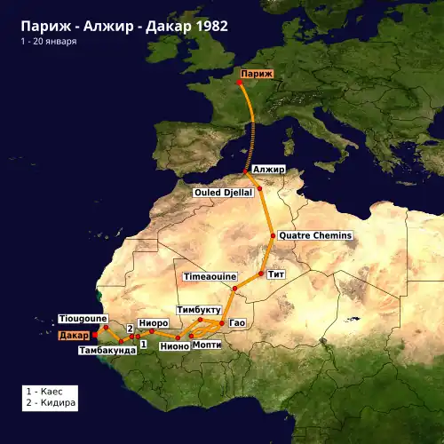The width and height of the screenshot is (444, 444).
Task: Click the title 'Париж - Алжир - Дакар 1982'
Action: (124, 26)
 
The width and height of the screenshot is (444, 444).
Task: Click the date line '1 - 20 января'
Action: (51, 42)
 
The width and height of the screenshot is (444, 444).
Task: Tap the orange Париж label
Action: (256, 74)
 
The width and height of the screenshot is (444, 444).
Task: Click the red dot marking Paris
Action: (240, 83)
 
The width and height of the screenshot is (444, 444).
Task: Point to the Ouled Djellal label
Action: (224, 192)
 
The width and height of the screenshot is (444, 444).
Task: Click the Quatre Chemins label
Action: (315, 235)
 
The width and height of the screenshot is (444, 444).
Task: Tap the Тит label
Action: (275, 274)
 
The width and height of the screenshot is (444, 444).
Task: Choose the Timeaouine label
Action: (210, 277)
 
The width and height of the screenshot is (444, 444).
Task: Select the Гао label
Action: (236, 321)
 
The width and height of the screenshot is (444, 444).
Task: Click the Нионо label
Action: (174, 346)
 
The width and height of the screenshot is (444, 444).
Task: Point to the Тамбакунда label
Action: (107, 351)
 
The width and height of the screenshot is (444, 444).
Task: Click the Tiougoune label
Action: (83, 318)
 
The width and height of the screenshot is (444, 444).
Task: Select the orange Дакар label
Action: (74, 336)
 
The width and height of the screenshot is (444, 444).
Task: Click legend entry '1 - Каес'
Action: (51, 391)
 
